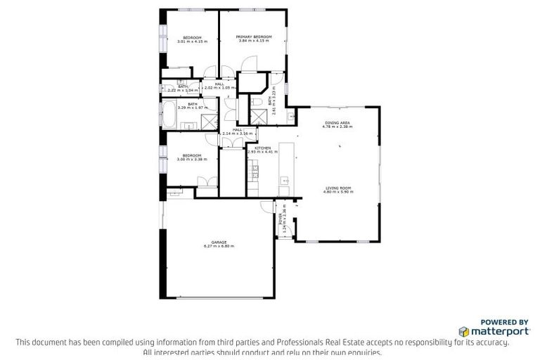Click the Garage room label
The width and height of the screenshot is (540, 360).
[219, 241]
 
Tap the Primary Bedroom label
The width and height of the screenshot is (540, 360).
[253, 37]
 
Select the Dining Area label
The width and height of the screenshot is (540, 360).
[336, 123]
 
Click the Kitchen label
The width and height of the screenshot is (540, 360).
[262, 148]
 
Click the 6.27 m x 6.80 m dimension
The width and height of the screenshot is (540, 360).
[219, 246]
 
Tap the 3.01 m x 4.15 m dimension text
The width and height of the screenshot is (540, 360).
[192, 41]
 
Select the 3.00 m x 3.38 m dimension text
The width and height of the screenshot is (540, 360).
[192, 160]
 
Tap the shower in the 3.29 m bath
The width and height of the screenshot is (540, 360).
[209, 121]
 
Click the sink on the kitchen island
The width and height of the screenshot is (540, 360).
[285, 181]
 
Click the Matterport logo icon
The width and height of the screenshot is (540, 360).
[463, 330]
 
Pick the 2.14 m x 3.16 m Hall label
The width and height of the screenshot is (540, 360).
[237, 130]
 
